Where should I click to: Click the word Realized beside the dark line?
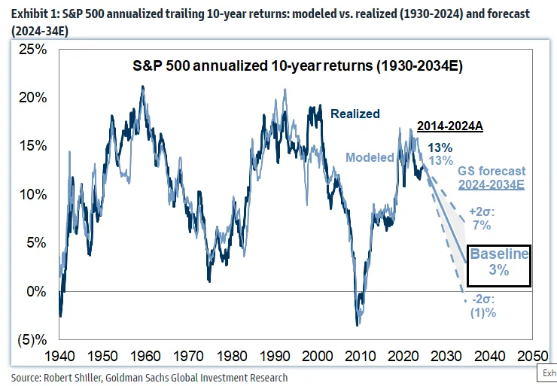(x=355, y=114)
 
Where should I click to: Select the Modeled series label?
(x=370, y=157)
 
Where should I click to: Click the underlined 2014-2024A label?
(x=450, y=126)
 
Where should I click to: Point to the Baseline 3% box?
(x=499, y=265)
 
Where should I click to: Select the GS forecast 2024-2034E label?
(x=492, y=178)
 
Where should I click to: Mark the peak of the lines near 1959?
(x=142, y=87)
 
